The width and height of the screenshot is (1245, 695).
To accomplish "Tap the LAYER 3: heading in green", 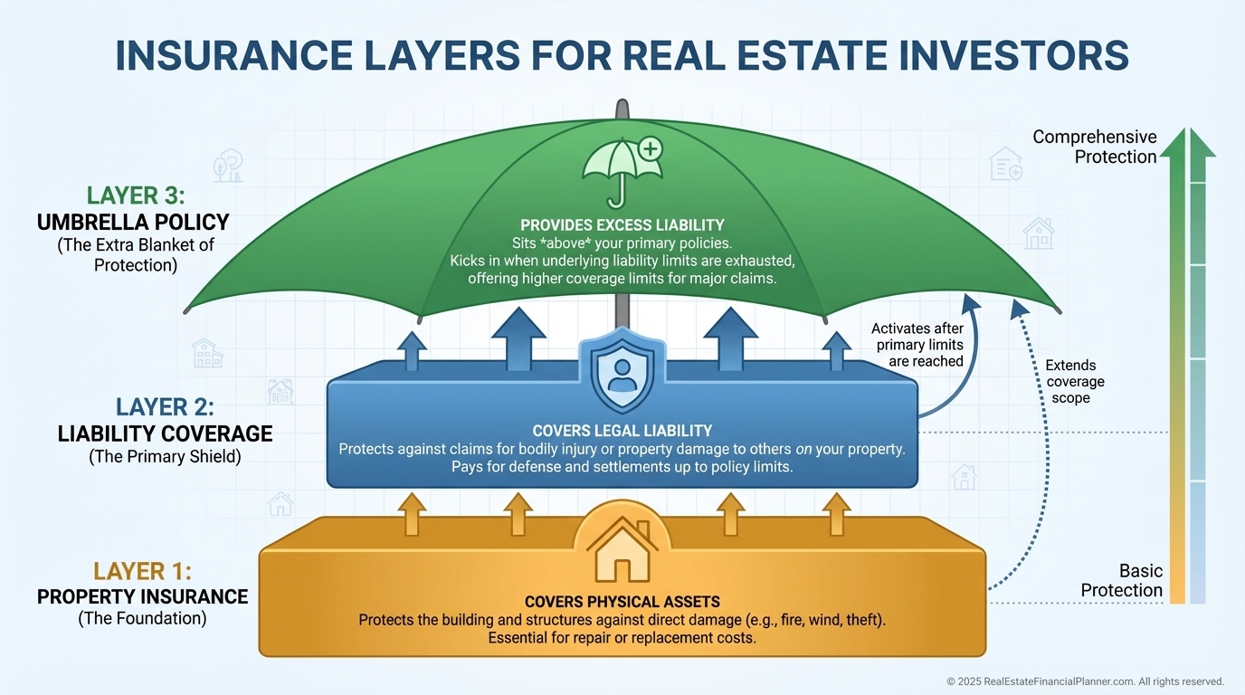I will [135, 195].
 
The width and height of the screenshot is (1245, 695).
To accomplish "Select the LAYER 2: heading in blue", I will [165, 407].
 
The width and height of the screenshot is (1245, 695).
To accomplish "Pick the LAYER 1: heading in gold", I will [143, 571].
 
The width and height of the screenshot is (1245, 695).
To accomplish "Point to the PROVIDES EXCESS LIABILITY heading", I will [622, 224].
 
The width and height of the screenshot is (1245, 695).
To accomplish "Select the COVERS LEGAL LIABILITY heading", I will [622, 431].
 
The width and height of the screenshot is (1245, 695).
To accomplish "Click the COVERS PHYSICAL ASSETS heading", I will [622, 601].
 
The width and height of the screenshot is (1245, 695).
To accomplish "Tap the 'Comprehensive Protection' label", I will [1095, 147].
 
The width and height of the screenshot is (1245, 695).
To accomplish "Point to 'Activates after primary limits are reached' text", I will [917, 345].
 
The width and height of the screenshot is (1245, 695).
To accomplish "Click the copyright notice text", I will [1085, 681].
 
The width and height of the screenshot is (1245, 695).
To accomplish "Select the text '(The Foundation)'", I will [142, 620].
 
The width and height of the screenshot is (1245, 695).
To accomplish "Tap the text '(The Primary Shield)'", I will [165, 457].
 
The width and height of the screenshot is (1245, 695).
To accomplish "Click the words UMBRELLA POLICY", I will [133, 222].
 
